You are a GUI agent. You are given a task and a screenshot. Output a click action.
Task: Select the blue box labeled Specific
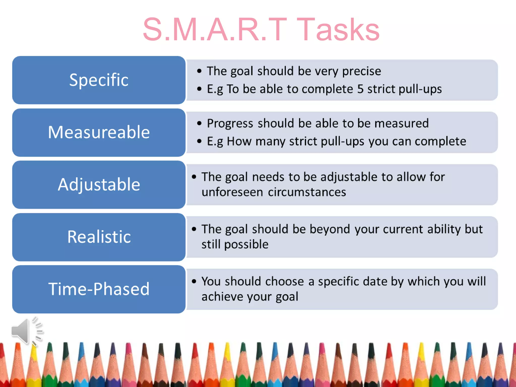pyautogui.click(x=99, y=80)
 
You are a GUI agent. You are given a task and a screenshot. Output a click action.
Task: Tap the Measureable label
pyautogui.click(x=99, y=132)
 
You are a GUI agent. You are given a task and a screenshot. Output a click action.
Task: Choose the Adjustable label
pyautogui.click(x=99, y=184)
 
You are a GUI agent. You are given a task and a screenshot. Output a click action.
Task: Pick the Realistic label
pyautogui.click(x=99, y=237)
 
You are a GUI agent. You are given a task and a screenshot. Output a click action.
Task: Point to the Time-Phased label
pyautogui.click(x=99, y=289)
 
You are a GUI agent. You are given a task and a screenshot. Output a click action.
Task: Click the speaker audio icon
pyautogui.click(x=26, y=331)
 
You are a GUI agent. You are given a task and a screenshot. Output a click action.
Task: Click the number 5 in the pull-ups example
pyautogui.click(x=360, y=89)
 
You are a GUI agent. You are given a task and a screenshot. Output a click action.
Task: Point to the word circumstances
pyautogui.click(x=307, y=192)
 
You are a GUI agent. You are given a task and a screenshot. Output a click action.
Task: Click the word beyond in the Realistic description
pyautogui.click(x=330, y=229)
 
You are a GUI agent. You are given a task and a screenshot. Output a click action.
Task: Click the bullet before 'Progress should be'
pyautogui.click(x=199, y=123)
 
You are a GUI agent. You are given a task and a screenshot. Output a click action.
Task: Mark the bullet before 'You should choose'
pyautogui.click(x=194, y=281)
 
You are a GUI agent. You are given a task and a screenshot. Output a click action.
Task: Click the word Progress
pyautogui.click(x=230, y=123)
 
